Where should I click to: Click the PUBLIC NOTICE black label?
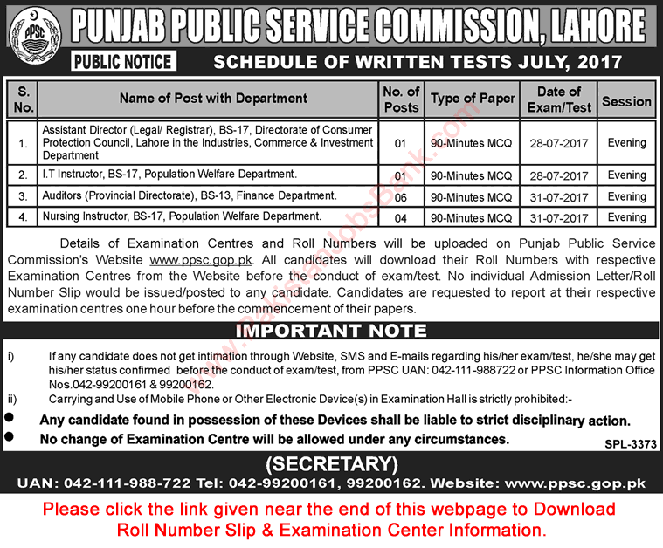[x=123, y=62]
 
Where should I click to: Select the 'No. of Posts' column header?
[x=401, y=99]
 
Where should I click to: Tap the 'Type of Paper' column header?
[x=473, y=99]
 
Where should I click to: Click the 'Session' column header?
[x=626, y=100]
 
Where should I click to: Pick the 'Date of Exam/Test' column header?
[x=559, y=99]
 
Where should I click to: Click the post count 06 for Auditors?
[x=401, y=197]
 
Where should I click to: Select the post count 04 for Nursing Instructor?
[x=401, y=217]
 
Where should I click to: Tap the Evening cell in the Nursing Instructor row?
[x=626, y=217]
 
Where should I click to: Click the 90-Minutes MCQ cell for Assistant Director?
[x=473, y=143]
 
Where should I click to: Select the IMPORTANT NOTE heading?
[x=332, y=331]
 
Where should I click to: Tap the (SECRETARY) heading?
[x=331, y=462]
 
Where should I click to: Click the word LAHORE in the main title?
[x=594, y=28]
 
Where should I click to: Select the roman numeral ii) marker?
[x=11, y=399]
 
